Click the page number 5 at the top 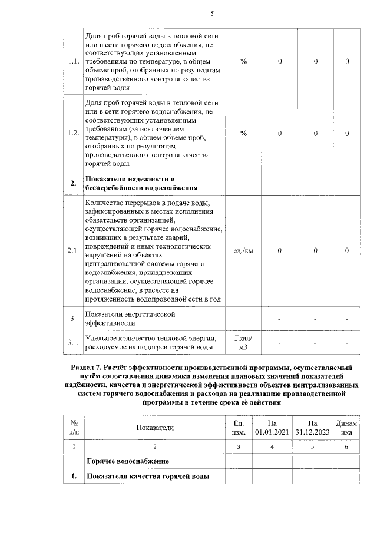pyautogui.click(x=212, y=14)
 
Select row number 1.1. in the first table pyautogui.click(x=73, y=61)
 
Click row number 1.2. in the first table pyautogui.click(x=73, y=133)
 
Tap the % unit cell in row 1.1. pyautogui.click(x=243, y=61)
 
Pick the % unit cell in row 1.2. pyautogui.click(x=243, y=133)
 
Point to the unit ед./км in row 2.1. pyautogui.click(x=243, y=251)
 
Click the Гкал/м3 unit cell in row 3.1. pyautogui.click(x=243, y=342)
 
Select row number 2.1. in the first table pyautogui.click(x=73, y=251)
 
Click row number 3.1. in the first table pyautogui.click(x=73, y=342)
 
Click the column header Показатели pyautogui.click(x=155, y=428)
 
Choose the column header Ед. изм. pyautogui.click(x=239, y=428)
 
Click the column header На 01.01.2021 pyautogui.click(x=272, y=428)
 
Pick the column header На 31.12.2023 pyautogui.click(x=312, y=428)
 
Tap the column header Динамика pyautogui.click(x=346, y=428)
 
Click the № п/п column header pyautogui.click(x=74, y=428)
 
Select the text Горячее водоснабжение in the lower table pyautogui.click(x=128, y=460)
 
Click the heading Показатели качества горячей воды pyautogui.click(x=147, y=476)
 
